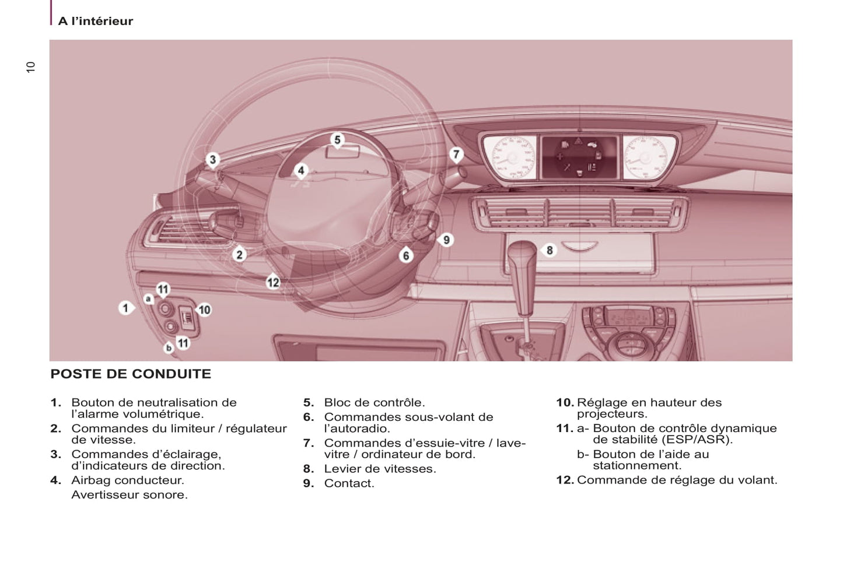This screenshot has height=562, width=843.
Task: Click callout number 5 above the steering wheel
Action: tap(337, 140)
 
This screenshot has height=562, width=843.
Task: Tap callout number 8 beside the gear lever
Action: tap(549, 250)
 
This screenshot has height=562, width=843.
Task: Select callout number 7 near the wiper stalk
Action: tap(456, 154)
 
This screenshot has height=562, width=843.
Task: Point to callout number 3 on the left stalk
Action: tap(212, 159)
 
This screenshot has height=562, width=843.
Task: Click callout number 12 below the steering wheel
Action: tap(273, 283)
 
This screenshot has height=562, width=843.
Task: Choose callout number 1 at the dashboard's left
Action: tap(125, 307)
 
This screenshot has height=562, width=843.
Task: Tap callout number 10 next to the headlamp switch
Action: tap(204, 310)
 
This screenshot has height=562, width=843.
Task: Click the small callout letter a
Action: tap(148, 299)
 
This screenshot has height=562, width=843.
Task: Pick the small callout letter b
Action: tap(169, 347)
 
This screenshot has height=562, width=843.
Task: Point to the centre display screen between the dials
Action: tap(579, 156)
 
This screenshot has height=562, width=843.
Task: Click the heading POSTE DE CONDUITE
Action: tap(131, 374)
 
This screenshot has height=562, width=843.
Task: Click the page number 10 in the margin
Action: tap(31, 67)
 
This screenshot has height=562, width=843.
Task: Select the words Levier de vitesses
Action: tap(380, 469)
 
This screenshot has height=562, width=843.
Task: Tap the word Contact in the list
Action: tap(349, 483)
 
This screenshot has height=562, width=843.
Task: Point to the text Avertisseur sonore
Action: tap(130, 495)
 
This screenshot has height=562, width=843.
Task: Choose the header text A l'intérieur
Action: tap(96, 21)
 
